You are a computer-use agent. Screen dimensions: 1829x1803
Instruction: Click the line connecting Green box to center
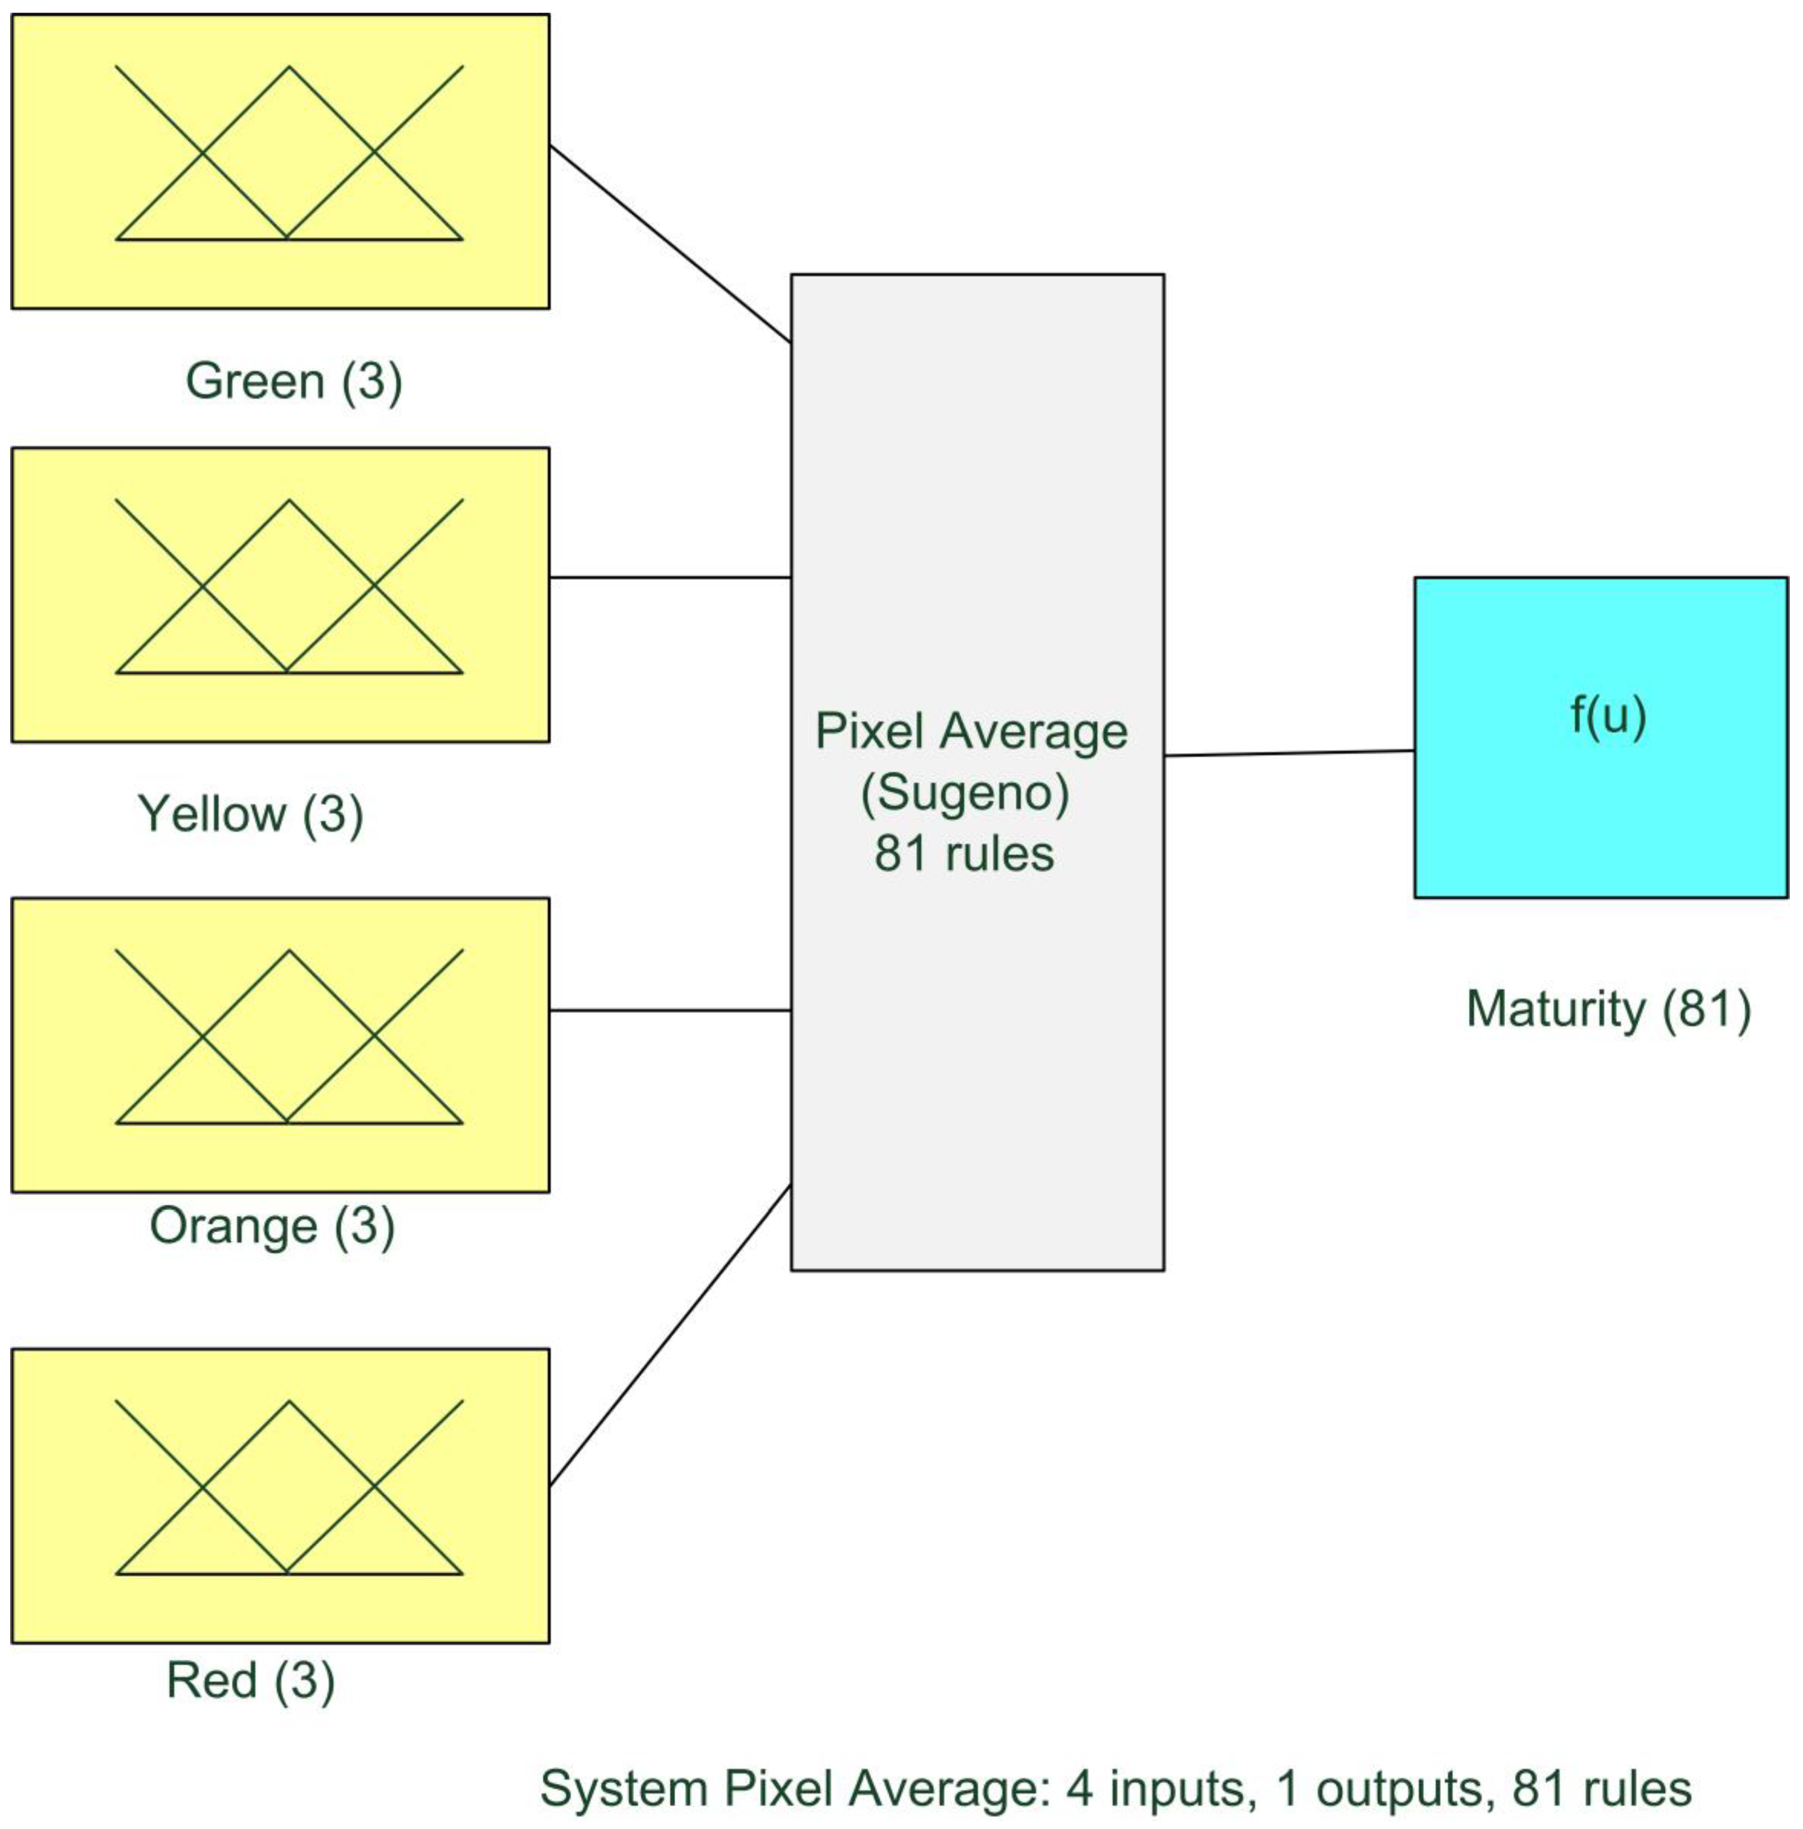670,244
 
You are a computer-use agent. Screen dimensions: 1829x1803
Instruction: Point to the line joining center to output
1289,753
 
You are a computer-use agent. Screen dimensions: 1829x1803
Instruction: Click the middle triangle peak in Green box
289,68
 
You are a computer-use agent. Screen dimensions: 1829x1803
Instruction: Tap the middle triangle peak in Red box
289,1403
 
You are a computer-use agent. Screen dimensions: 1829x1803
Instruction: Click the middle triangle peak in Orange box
289,952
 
